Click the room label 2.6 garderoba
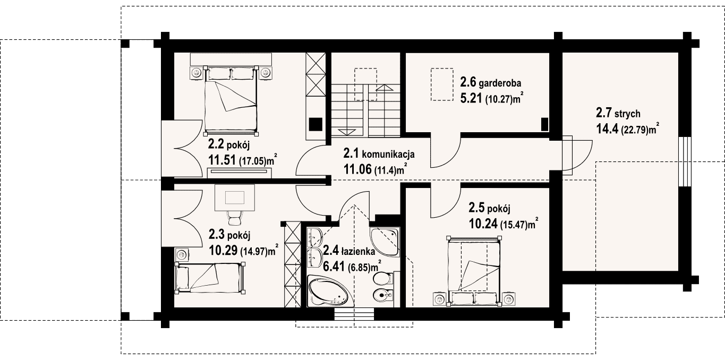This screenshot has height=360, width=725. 491,83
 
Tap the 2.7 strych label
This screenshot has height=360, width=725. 618,113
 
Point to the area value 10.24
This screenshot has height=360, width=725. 483,224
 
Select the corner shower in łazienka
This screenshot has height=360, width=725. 385,241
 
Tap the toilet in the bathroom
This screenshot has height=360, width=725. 384,278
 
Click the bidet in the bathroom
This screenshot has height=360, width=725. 384,295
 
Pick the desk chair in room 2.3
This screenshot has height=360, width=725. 234,217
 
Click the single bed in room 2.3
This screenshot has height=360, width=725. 210,278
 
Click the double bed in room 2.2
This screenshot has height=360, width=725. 232,100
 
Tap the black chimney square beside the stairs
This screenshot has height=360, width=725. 316,124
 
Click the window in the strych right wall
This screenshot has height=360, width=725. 685,162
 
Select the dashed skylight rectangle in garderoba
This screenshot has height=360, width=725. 442,84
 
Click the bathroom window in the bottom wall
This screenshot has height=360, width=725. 354,314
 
